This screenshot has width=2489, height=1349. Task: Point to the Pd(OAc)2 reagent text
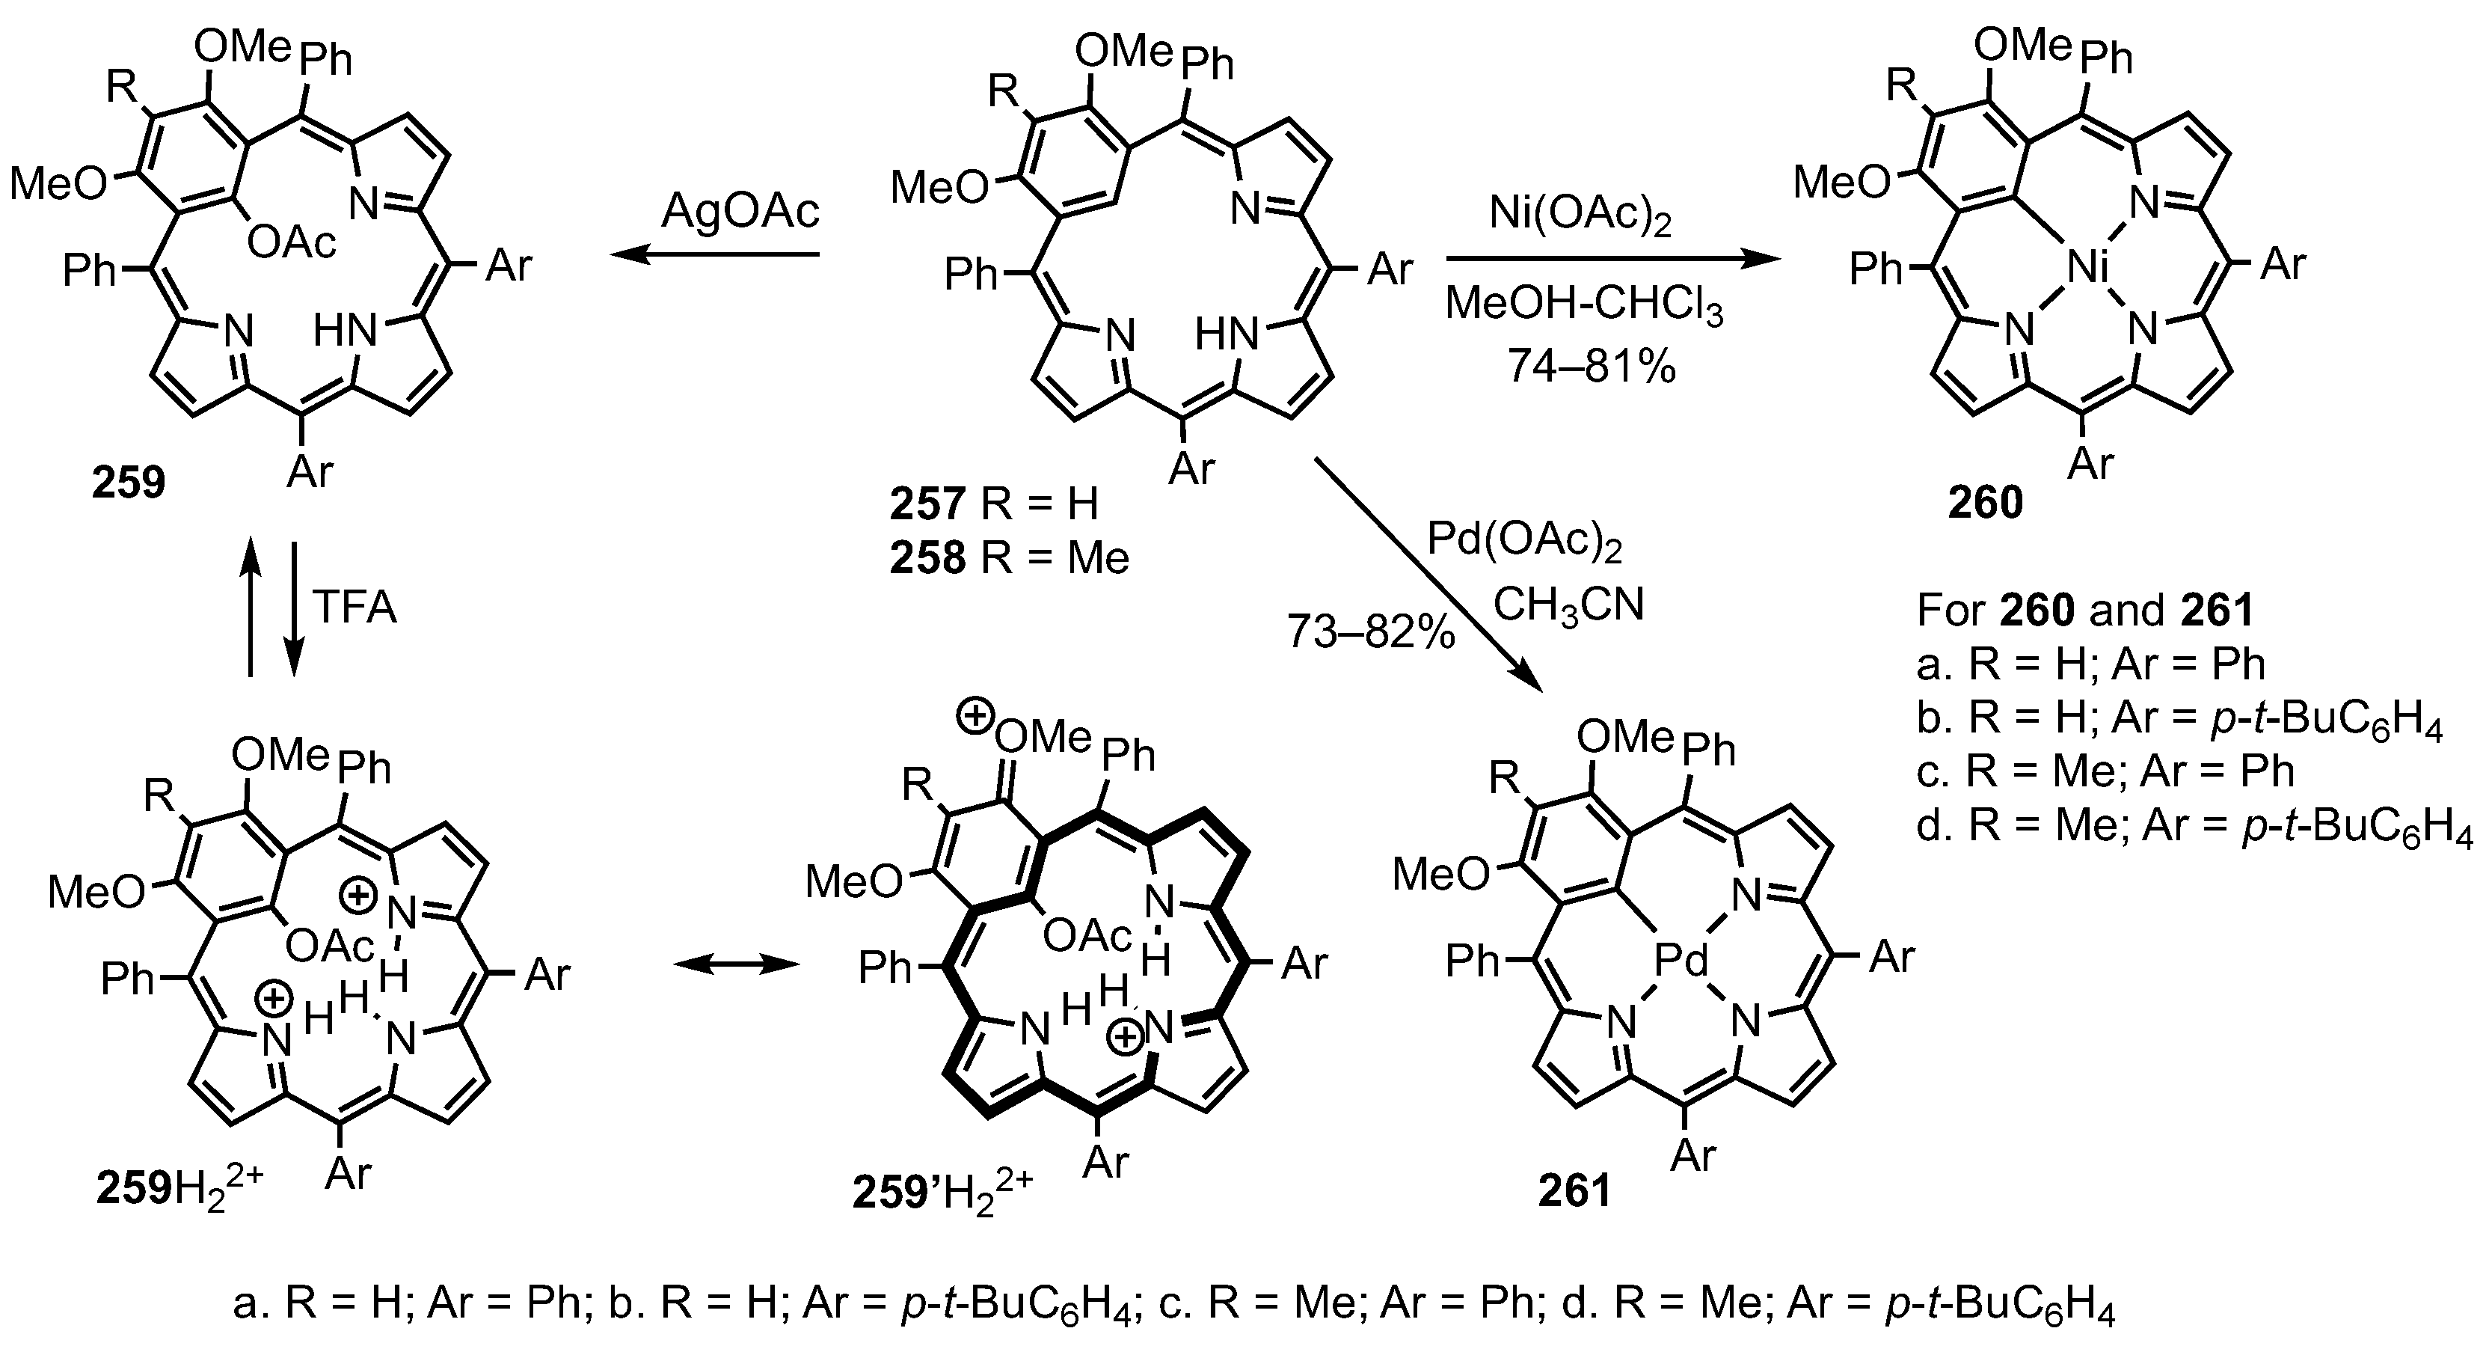pyautogui.click(x=1525, y=543)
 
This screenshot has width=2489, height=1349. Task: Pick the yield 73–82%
pyautogui.click(x=1370, y=633)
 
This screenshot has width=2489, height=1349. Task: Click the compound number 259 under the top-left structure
pyautogui.click(x=129, y=481)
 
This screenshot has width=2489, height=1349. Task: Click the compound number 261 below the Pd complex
pyautogui.click(x=1575, y=1190)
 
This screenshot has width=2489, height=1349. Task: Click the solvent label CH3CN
pyautogui.click(x=1568, y=606)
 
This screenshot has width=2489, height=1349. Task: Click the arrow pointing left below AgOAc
pyautogui.click(x=714, y=255)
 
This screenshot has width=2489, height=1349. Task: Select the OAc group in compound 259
pyautogui.click(x=292, y=242)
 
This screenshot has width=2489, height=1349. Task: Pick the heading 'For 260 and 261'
pyautogui.click(x=2084, y=610)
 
